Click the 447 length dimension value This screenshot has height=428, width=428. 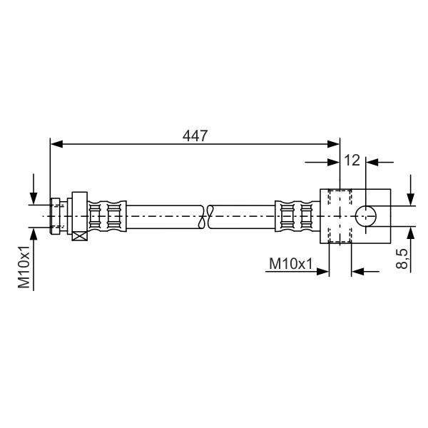[x=195, y=136]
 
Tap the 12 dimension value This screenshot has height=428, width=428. [x=352, y=160]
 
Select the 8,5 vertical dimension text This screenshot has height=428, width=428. [x=402, y=259]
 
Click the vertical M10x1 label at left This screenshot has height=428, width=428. [x=24, y=267]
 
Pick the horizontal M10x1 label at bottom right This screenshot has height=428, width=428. [x=291, y=264]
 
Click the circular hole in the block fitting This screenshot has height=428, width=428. [x=365, y=216]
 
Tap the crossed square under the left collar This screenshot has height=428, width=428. [x=80, y=236]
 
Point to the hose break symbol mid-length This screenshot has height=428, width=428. [x=206, y=217]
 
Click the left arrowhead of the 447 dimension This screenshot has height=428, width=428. [x=56, y=144]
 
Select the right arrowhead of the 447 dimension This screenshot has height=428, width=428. [x=334, y=144]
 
